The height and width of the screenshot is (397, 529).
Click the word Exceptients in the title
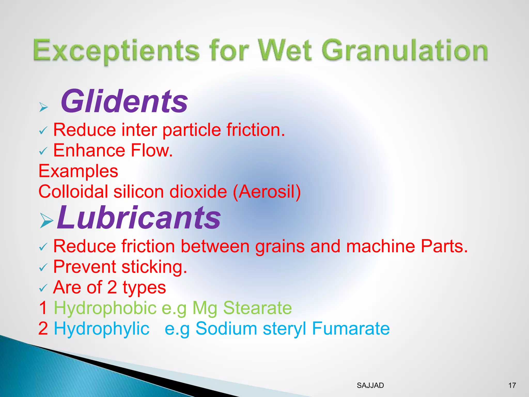(116, 50)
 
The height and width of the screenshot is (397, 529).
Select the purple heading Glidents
(124, 101)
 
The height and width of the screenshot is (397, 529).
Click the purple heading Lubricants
(139, 217)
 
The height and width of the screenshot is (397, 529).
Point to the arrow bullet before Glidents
(43, 107)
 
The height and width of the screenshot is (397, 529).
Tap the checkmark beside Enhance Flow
(43, 151)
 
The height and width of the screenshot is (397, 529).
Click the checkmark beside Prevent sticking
(43, 267)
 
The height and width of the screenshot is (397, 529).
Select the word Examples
(78, 171)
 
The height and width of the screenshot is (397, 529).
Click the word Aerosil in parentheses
(267, 192)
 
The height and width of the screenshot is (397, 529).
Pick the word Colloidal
(73, 192)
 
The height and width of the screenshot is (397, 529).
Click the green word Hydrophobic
(105, 308)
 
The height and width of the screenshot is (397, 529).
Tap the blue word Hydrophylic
(102, 329)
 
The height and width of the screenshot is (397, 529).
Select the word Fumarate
(351, 329)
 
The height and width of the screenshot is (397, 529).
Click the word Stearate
(257, 308)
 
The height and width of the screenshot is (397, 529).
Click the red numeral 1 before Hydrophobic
(43, 308)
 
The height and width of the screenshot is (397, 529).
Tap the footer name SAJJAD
(370, 385)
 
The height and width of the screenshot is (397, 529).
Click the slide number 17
(512, 385)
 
